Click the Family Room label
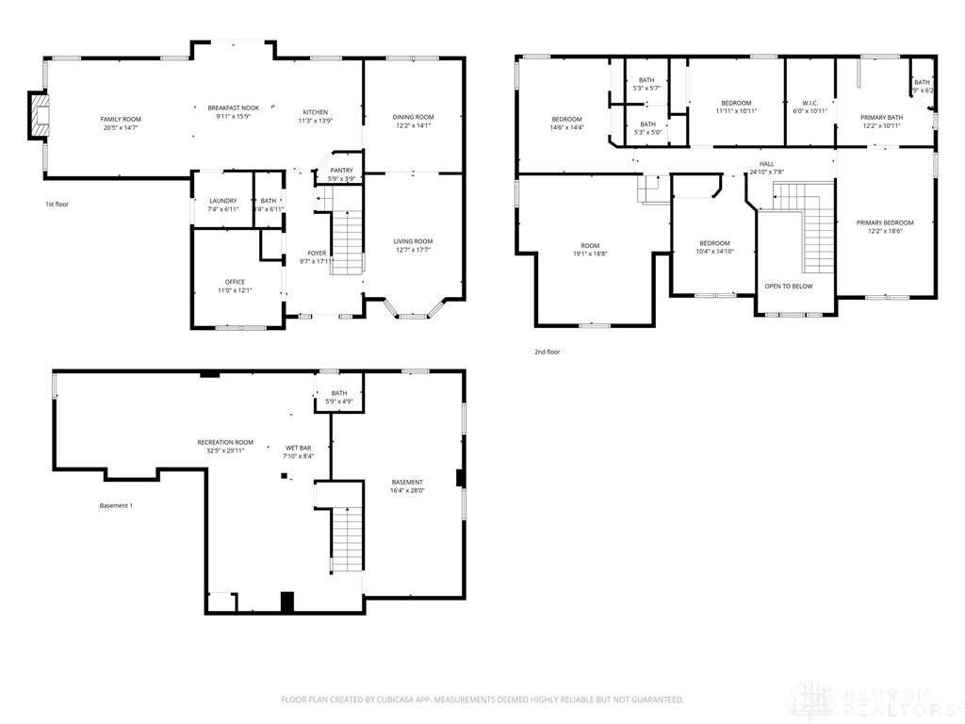[121, 120]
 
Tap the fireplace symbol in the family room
[38, 117]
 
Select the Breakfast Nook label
[233, 108]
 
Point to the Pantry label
[341, 171]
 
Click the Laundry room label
[223, 201]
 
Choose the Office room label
[235, 282]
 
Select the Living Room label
[413, 241]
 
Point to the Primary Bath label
[881, 118]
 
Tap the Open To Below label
[788, 287]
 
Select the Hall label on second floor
[766, 164]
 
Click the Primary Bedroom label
[884, 223]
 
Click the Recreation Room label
[224, 442]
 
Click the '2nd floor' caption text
[547, 352]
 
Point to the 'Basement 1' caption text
[116, 506]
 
